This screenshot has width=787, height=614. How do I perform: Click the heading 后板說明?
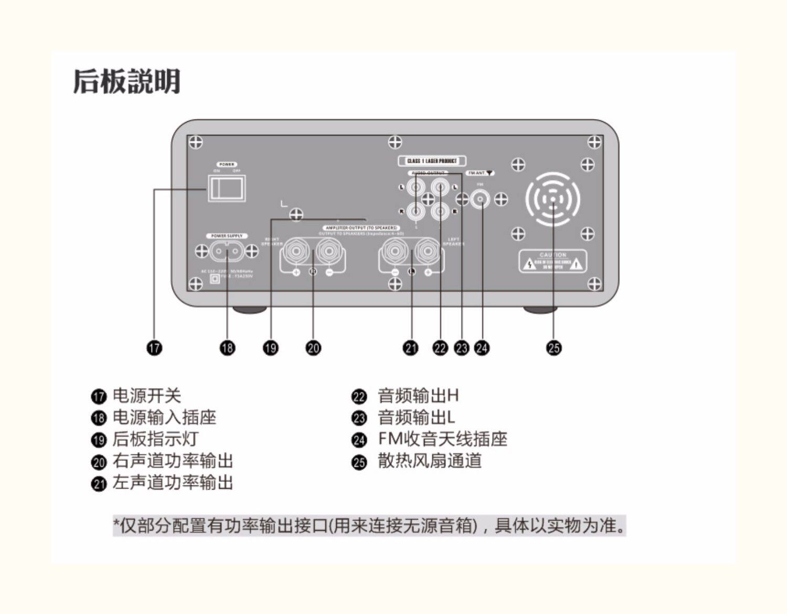(x=126, y=81)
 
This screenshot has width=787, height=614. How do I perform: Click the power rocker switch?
(x=227, y=188)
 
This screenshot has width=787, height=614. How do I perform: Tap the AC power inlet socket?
(x=227, y=251)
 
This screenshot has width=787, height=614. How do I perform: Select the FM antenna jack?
(x=480, y=199)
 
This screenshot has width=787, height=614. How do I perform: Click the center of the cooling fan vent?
(x=553, y=199)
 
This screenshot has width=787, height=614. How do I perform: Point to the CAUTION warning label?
(x=552, y=261)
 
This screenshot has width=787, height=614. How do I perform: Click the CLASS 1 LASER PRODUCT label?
(x=432, y=161)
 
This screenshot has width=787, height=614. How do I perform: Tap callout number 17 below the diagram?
(x=154, y=347)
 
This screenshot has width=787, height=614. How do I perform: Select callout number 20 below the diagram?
(x=313, y=347)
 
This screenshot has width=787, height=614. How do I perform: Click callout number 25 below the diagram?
(x=554, y=347)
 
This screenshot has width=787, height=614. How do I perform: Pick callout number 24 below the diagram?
(x=482, y=347)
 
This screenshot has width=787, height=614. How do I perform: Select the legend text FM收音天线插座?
(x=442, y=439)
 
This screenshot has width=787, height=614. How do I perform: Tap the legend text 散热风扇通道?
(x=429, y=461)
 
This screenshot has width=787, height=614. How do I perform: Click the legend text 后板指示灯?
(x=155, y=439)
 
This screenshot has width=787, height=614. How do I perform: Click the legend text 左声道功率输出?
(x=173, y=482)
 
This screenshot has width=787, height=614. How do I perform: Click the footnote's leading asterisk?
(x=117, y=523)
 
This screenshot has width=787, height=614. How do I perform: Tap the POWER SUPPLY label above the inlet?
(x=227, y=236)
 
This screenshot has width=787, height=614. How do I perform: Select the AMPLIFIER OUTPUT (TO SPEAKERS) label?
(x=361, y=228)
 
